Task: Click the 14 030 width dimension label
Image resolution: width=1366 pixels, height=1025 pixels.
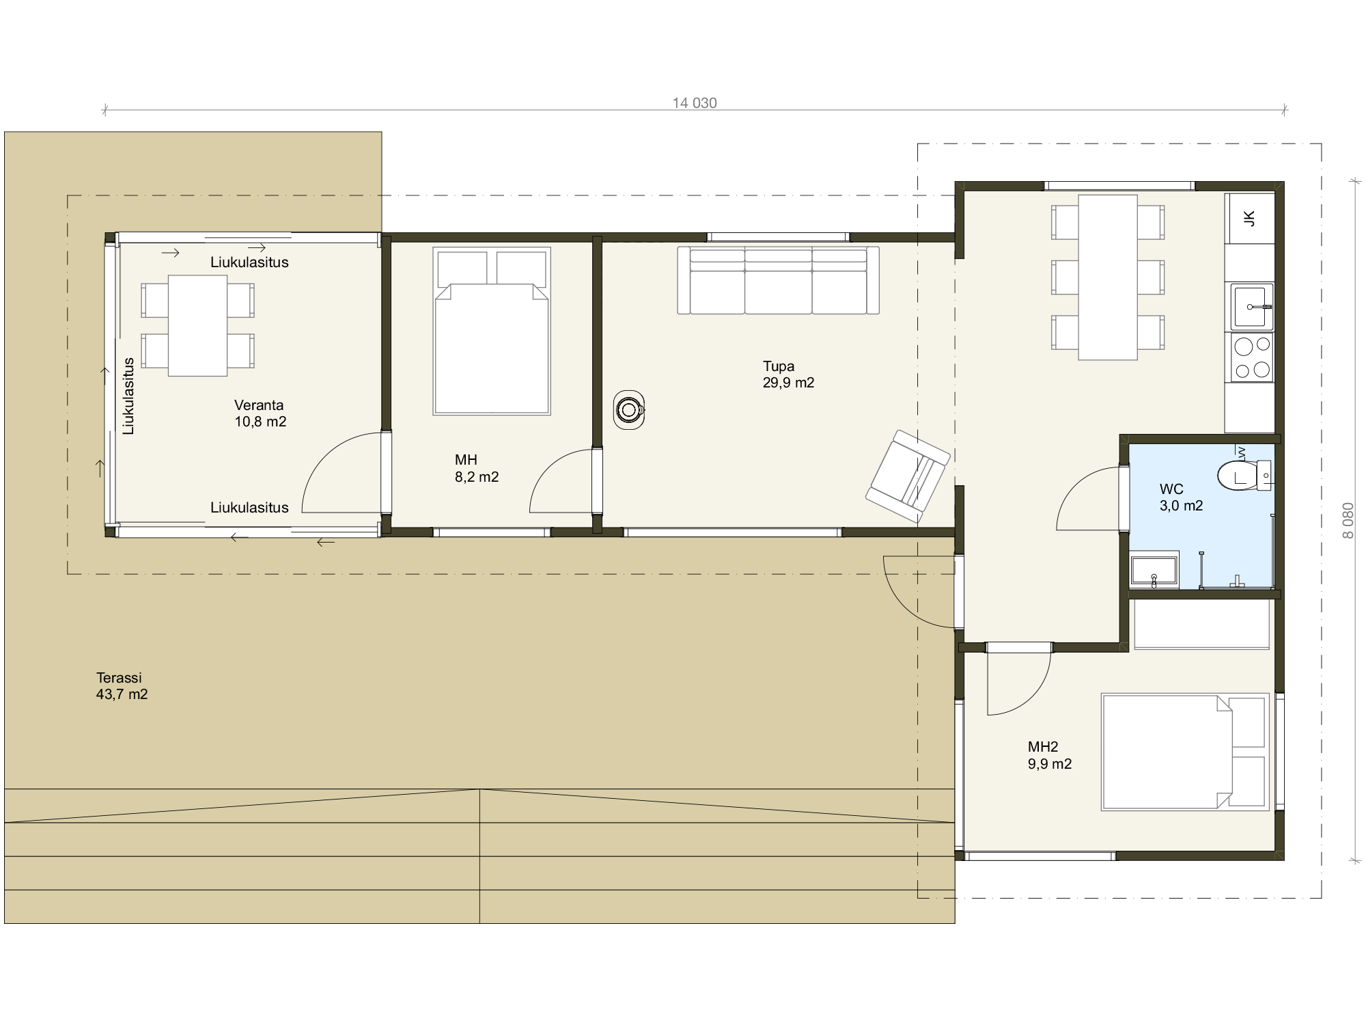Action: coord(695,103)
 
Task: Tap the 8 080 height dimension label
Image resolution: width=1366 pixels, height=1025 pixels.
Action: coord(1348,521)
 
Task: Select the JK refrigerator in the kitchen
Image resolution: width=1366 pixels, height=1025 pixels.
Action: coord(1250,219)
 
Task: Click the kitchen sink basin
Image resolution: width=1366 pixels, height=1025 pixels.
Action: coord(1252,306)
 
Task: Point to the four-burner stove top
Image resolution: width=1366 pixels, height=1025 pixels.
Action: coord(1253,357)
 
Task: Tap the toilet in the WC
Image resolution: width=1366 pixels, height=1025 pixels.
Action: coord(1245,476)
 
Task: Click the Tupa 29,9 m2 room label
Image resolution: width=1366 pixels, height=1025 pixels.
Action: coord(788,374)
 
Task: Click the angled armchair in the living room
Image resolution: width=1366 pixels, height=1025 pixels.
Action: coord(908,476)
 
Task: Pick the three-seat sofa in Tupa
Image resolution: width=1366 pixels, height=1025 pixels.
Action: coord(778,280)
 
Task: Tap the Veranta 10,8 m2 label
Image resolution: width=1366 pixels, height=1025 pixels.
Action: coord(260,413)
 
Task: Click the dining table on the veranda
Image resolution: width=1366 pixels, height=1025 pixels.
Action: coord(197,325)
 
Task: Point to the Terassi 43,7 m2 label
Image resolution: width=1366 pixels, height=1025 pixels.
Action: coord(122,686)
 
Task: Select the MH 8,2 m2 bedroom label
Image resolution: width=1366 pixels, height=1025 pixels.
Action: coord(477,469)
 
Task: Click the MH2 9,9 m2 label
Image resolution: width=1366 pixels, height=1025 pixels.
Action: coord(1050,756)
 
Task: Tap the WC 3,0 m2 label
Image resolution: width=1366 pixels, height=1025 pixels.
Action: coord(1181,497)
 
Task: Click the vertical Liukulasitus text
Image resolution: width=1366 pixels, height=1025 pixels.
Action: coord(128,396)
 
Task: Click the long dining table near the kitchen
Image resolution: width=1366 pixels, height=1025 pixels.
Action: coord(1108,277)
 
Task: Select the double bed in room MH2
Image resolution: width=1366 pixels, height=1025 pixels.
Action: coord(1185,752)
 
